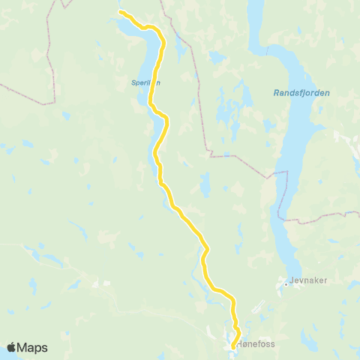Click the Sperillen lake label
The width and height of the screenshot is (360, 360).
(146, 83)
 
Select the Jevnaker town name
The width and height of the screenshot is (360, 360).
(304, 284)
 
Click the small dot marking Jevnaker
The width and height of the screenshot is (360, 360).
(286, 284)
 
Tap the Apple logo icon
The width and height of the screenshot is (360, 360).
(11, 347)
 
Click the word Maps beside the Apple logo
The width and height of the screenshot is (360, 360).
(33, 348)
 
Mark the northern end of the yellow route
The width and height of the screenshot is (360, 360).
(121, 12)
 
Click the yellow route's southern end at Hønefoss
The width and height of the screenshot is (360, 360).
(233, 346)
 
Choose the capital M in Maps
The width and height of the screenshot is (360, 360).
(24, 348)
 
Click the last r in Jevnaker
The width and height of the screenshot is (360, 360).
(316, 284)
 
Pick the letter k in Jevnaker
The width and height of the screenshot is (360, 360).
(307, 284)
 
